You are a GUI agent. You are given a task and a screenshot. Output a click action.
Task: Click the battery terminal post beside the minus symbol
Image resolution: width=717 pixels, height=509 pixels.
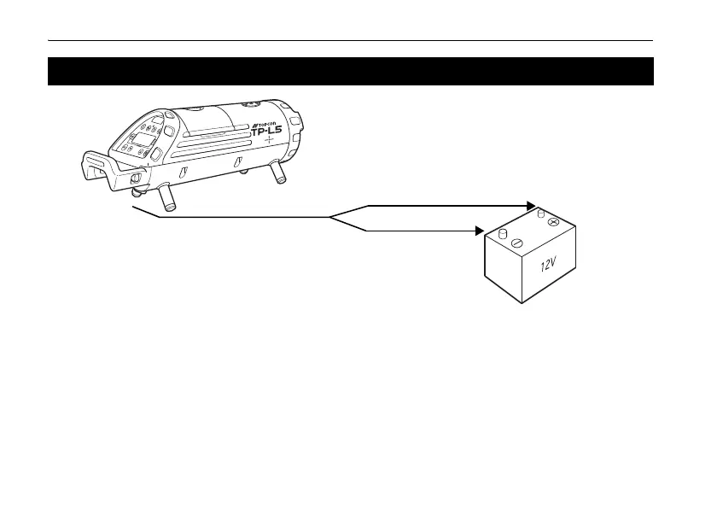[503, 233]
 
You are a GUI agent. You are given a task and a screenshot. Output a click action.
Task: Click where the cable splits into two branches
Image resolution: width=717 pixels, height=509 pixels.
[331, 217]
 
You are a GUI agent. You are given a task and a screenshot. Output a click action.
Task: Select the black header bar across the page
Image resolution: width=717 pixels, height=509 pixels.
[350, 71]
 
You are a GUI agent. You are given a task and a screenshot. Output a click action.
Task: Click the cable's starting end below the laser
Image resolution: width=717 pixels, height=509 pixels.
[134, 207]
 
